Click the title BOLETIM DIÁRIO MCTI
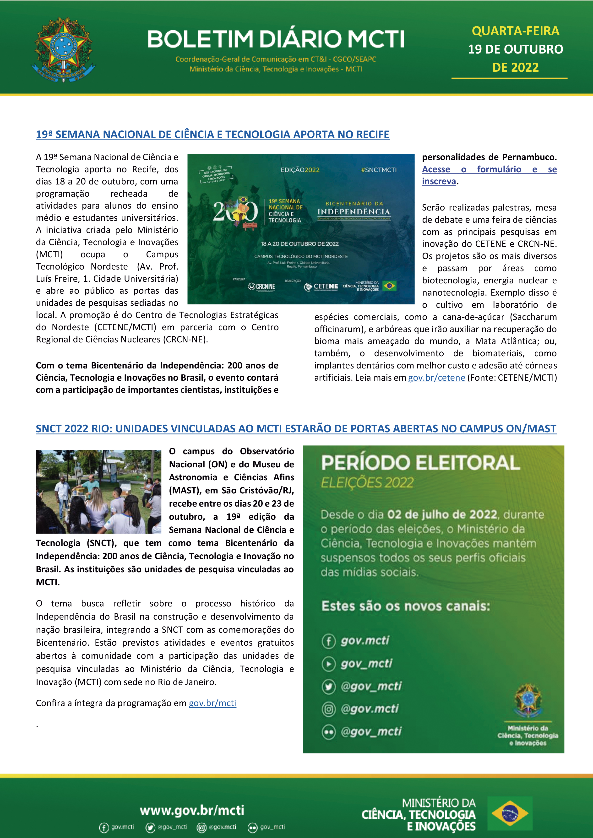(276, 39)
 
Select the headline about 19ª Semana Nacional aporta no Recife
(212, 134)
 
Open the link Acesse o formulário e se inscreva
(489, 169)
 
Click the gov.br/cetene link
(436, 378)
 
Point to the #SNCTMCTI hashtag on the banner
(378, 170)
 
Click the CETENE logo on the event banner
(321, 287)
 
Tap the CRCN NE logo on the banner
(261, 287)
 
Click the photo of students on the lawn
(98, 491)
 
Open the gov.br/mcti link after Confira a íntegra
(212, 703)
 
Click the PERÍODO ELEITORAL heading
(420, 463)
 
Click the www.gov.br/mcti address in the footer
(192, 810)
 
